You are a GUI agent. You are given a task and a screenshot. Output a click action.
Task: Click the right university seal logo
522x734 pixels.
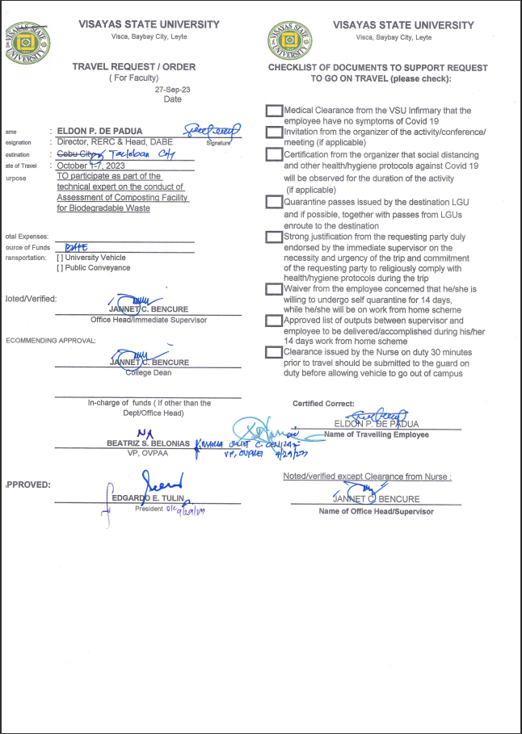pos(284,42)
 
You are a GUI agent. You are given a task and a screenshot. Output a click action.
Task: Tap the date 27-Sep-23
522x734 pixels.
pos(172,90)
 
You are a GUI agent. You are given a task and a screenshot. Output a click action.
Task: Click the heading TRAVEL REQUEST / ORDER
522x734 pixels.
pos(133,67)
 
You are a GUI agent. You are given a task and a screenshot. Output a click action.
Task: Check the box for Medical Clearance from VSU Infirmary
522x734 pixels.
pos(274,111)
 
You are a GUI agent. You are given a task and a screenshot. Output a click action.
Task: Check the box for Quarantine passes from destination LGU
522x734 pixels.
pos(274,202)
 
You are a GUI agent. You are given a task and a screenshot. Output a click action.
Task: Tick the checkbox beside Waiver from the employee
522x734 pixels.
pos(274,288)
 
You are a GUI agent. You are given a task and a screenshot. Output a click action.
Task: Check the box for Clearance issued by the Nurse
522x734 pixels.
pos(274,352)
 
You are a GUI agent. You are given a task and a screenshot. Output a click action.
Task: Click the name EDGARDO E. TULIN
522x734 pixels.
pos(149,498)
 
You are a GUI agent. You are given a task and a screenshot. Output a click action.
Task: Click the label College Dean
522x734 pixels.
pos(148,372)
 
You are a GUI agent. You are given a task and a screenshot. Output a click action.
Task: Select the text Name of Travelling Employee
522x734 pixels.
pos(377,434)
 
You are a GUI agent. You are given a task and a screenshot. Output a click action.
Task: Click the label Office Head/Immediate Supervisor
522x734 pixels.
pos(149,320)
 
